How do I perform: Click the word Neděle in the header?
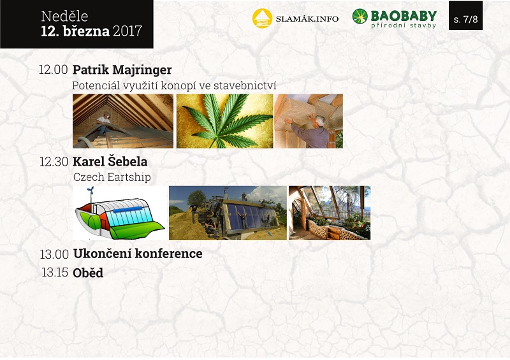click(x=64, y=17)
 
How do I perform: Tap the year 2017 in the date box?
click(x=127, y=31)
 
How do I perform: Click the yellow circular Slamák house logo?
click(x=262, y=18)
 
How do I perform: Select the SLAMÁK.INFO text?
click(x=307, y=19)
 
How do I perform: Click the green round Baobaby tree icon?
click(x=360, y=17)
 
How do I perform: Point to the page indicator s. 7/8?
click(x=465, y=19)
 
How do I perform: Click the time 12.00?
click(x=54, y=69)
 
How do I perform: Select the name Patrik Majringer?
click(x=122, y=70)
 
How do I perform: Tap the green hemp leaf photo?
click(x=225, y=121)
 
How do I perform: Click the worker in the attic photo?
click(x=103, y=122)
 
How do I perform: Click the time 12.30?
click(x=54, y=162)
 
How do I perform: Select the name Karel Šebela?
click(x=110, y=162)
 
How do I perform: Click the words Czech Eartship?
click(x=112, y=177)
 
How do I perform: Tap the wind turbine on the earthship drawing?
click(x=91, y=194)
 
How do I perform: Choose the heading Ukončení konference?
click(x=138, y=254)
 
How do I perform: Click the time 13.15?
click(x=55, y=273)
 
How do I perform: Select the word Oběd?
click(x=88, y=273)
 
